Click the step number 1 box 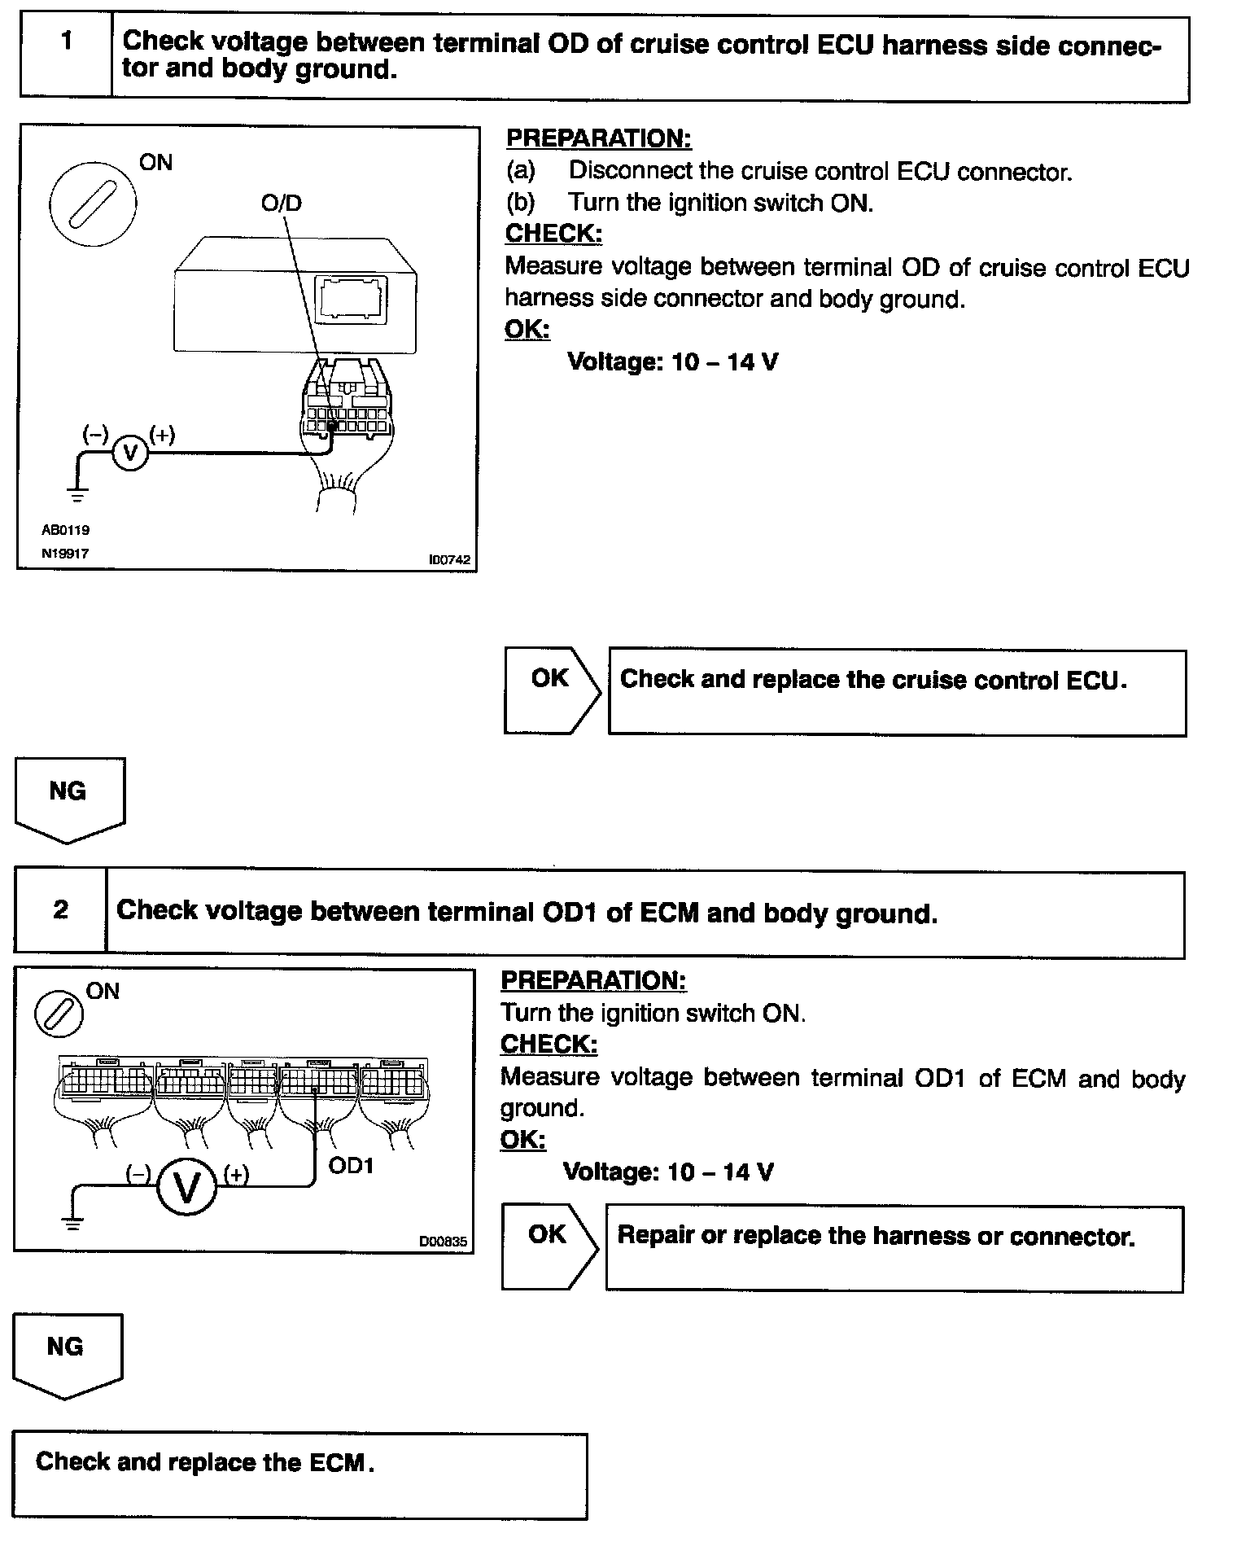click(x=66, y=55)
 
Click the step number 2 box click(x=60, y=910)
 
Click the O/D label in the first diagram click(x=282, y=203)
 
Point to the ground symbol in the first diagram click(x=77, y=493)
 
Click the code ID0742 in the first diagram click(x=449, y=560)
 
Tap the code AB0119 click(x=66, y=530)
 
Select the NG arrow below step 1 click(x=69, y=798)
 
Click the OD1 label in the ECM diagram click(x=351, y=1166)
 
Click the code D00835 click(x=443, y=1242)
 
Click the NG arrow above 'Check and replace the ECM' click(x=67, y=1354)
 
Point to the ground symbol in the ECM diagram click(x=72, y=1222)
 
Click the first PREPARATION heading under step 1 click(x=598, y=138)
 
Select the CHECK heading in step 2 click(x=549, y=1044)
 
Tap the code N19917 click(x=66, y=554)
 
